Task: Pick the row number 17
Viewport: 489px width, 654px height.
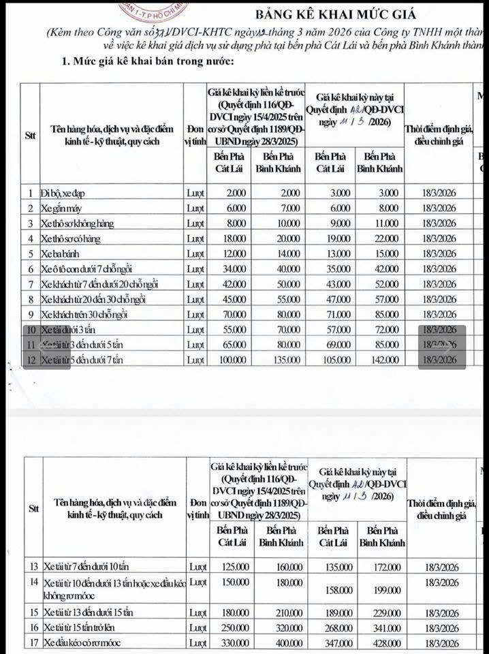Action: point(31,642)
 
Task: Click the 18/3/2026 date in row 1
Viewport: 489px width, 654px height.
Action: point(439,193)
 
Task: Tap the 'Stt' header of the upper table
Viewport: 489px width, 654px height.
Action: point(30,134)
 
